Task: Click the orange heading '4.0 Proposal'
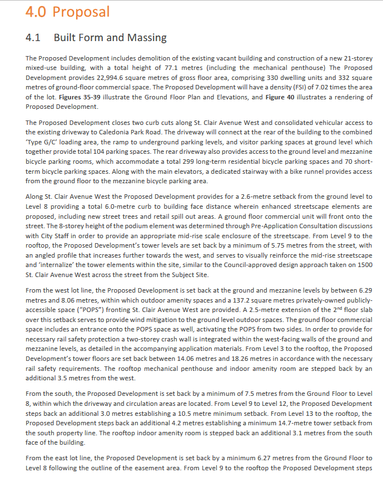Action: point(67,12)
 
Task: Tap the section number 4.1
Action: point(34,38)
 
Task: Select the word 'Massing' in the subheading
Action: point(147,38)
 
